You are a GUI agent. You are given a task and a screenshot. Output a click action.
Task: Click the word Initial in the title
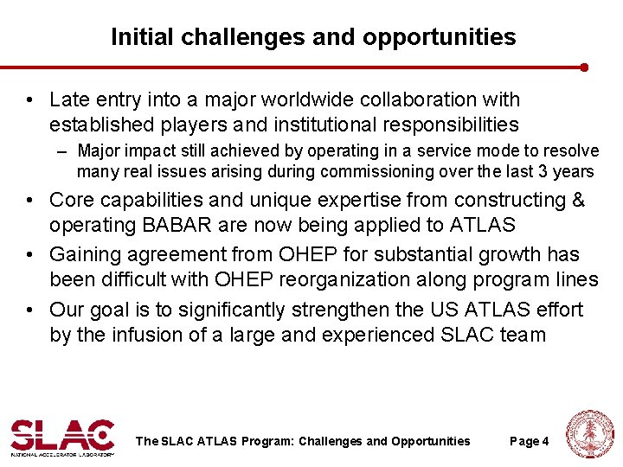pos(137,37)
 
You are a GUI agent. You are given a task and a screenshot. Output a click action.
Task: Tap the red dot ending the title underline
pos(585,67)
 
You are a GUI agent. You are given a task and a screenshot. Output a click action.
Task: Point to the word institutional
pos(324,125)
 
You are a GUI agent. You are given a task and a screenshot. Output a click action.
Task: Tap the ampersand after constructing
pos(576,200)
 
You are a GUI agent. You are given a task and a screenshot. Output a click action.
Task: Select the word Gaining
pos(82,255)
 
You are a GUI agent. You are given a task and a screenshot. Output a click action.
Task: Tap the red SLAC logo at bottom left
pos(62,436)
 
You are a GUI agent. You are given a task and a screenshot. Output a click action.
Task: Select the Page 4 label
pos(529,441)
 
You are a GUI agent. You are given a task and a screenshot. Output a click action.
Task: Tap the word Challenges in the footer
pos(330,441)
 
